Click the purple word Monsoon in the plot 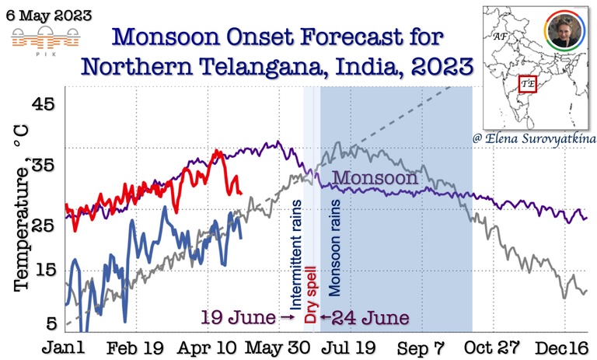point(375,178)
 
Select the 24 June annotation point(366,317)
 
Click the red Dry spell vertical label point(311,295)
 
